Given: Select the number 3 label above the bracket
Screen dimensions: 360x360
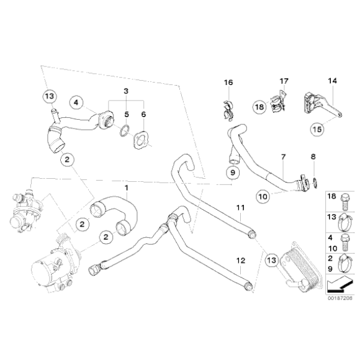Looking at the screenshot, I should coord(126,91).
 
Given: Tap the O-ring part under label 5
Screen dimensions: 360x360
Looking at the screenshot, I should coord(124,131).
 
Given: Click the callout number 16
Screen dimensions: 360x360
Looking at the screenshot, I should coord(227,83).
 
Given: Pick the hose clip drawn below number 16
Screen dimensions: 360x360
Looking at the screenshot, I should coord(228,109).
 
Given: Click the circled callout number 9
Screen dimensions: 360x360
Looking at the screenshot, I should coord(232,172).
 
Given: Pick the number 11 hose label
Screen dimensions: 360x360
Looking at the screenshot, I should coord(240,206).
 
